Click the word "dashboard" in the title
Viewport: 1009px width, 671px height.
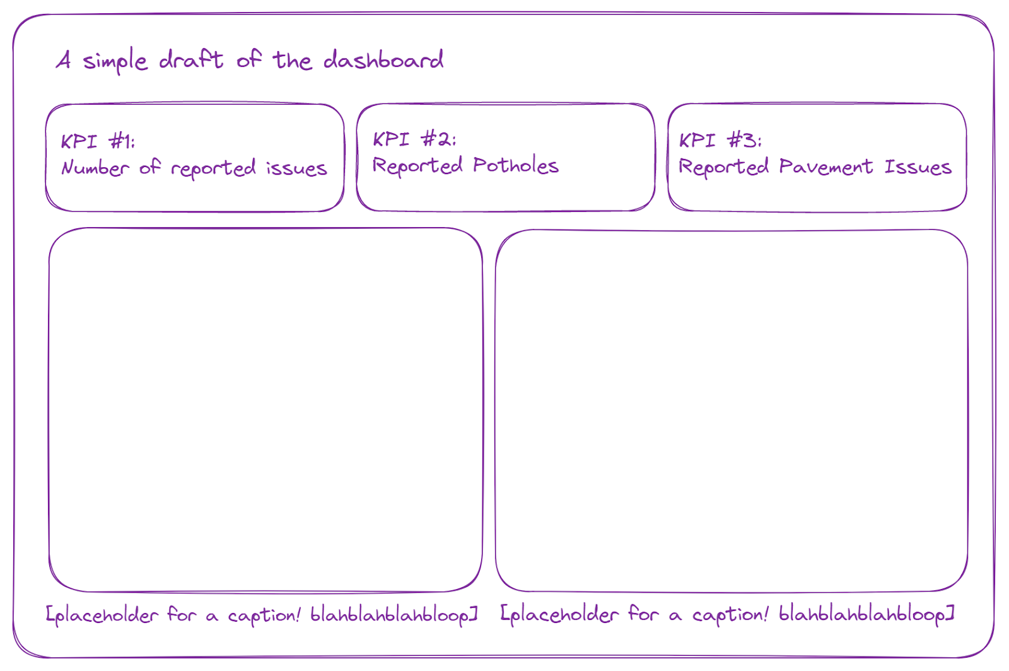(x=383, y=61)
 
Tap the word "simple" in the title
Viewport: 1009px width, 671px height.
(x=115, y=62)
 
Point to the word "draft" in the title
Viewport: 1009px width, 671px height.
(x=190, y=60)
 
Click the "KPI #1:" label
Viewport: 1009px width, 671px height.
(x=98, y=141)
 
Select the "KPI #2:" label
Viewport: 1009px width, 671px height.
(x=414, y=139)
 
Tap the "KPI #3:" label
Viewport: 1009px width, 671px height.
(x=720, y=140)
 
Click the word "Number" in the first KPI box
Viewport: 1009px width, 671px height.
(x=95, y=168)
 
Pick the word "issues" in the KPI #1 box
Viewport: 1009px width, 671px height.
(x=296, y=169)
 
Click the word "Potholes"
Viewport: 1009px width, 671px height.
(x=516, y=166)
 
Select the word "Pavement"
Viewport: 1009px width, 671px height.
(x=825, y=167)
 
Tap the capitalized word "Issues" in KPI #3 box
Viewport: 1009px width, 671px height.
(x=918, y=167)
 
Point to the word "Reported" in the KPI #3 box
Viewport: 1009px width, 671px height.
(x=723, y=168)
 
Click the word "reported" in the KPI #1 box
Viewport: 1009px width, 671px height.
(x=213, y=169)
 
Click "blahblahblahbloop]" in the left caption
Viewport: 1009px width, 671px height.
(x=394, y=615)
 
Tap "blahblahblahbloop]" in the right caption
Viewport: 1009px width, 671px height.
(x=866, y=614)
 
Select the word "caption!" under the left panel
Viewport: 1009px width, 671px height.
(x=264, y=616)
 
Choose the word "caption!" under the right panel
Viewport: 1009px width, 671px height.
(x=730, y=614)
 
